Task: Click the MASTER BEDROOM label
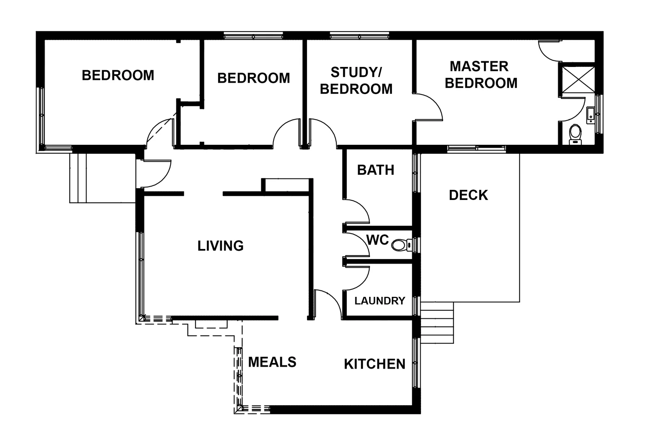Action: (x=481, y=75)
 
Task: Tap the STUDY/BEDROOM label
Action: (x=356, y=80)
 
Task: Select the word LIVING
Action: (x=220, y=246)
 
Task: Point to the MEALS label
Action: (x=272, y=362)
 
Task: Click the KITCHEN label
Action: (x=374, y=364)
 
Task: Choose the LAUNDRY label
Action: (x=380, y=301)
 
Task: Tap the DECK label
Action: (x=468, y=195)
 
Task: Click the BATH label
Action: (x=376, y=170)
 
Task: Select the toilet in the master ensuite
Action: (x=575, y=133)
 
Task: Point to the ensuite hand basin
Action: (x=591, y=115)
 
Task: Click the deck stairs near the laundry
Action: (x=437, y=323)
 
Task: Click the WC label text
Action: (x=377, y=240)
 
